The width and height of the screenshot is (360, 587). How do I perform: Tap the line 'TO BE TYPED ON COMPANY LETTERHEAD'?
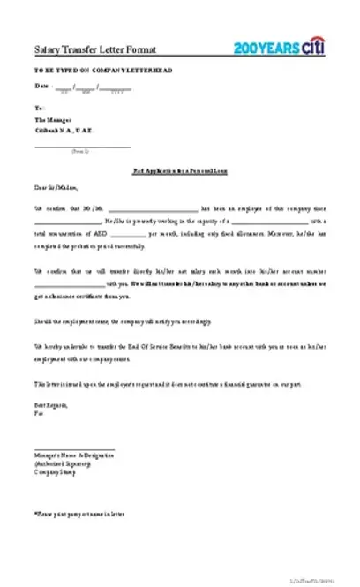coord(93,68)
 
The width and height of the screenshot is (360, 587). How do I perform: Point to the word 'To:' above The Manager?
coord(38,107)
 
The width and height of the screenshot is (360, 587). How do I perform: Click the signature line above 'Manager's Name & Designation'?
coord(74,449)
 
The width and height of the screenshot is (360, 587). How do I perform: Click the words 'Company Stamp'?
coord(53,471)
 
